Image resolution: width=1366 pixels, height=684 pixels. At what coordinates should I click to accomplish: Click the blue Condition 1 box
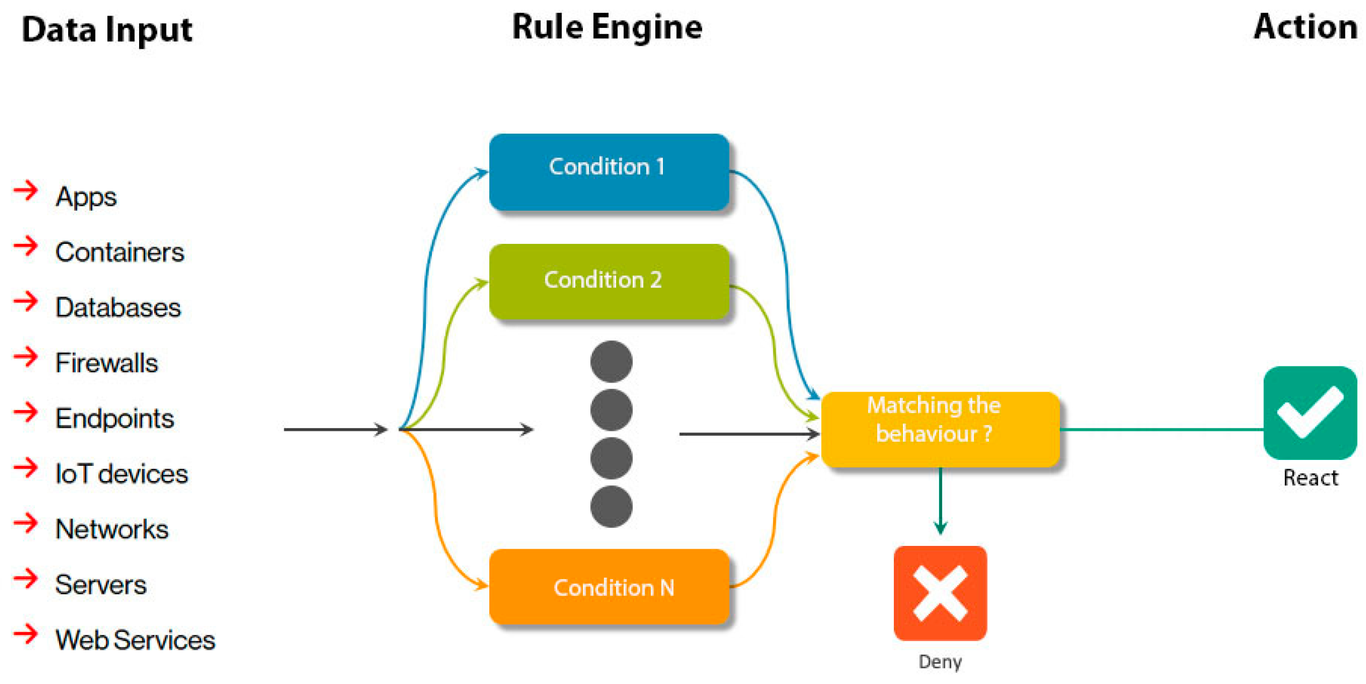pyautogui.click(x=609, y=172)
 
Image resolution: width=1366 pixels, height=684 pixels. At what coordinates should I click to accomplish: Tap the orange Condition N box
pyautogui.click(x=609, y=587)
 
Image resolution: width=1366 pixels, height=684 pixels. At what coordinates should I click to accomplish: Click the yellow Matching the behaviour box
pyautogui.click(x=940, y=429)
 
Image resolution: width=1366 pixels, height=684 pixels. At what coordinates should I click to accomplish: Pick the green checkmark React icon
pyautogui.click(x=1310, y=413)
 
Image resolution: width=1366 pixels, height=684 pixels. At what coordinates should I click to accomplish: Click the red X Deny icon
pyautogui.click(x=940, y=593)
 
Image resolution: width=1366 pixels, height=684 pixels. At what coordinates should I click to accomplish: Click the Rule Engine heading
pyautogui.click(x=607, y=27)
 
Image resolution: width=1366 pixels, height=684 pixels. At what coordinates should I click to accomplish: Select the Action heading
pyautogui.click(x=1305, y=27)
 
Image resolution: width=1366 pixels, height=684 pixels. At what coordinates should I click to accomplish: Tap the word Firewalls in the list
pyautogui.click(x=106, y=363)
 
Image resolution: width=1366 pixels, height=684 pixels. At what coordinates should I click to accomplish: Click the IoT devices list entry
pyautogui.click(x=121, y=474)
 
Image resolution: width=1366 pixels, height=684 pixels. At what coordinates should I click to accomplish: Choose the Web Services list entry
pyautogui.click(x=135, y=640)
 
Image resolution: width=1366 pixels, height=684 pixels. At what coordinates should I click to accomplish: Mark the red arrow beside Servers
pyautogui.click(x=26, y=579)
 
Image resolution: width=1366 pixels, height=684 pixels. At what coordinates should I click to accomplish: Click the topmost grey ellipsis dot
pyautogui.click(x=611, y=362)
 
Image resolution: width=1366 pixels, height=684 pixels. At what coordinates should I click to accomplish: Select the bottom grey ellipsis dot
pyautogui.click(x=611, y=506)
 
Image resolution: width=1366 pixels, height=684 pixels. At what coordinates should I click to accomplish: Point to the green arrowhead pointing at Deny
pyautogui.click(x=940, y=528)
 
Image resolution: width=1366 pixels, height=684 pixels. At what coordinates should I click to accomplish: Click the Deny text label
pyautogui.click(x=940, y=661)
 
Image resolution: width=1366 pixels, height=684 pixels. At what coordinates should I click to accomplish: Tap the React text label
pyautogui.click(x=1310, y=478)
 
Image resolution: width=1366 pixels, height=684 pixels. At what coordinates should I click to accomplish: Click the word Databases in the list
pyautogui.click(x=118, y=307)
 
